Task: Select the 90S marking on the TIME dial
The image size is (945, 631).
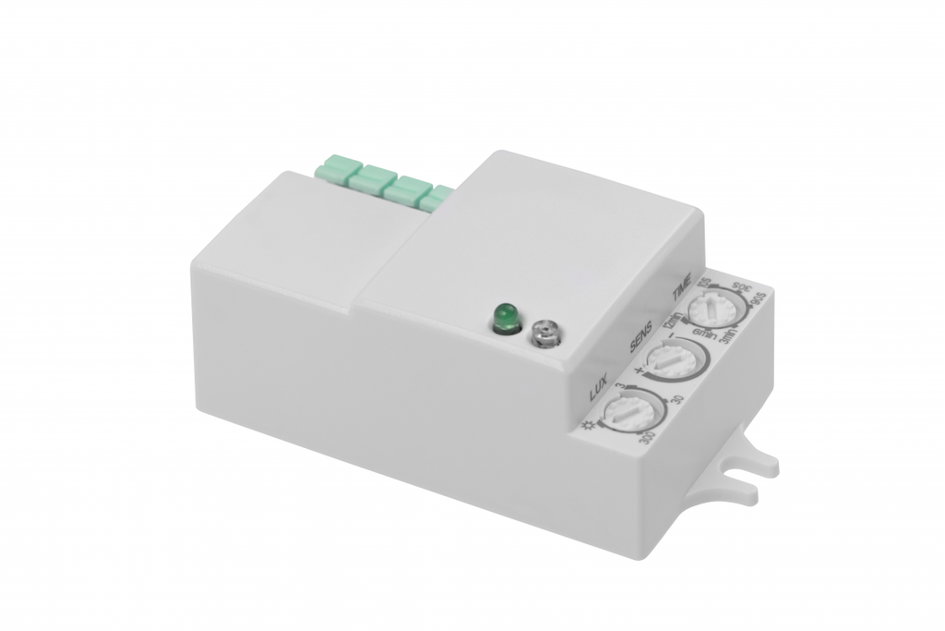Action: [x=759, y=298]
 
